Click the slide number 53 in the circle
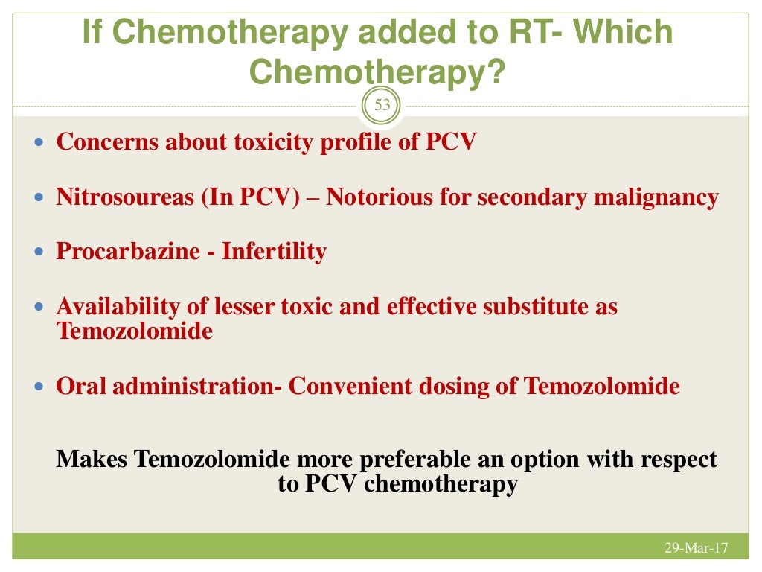point(382,105)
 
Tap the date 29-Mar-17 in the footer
point(695,549)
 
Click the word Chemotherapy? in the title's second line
point(376,72)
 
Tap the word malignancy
point(663,197)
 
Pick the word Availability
point(106,306)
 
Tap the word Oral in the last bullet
point(80,387)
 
